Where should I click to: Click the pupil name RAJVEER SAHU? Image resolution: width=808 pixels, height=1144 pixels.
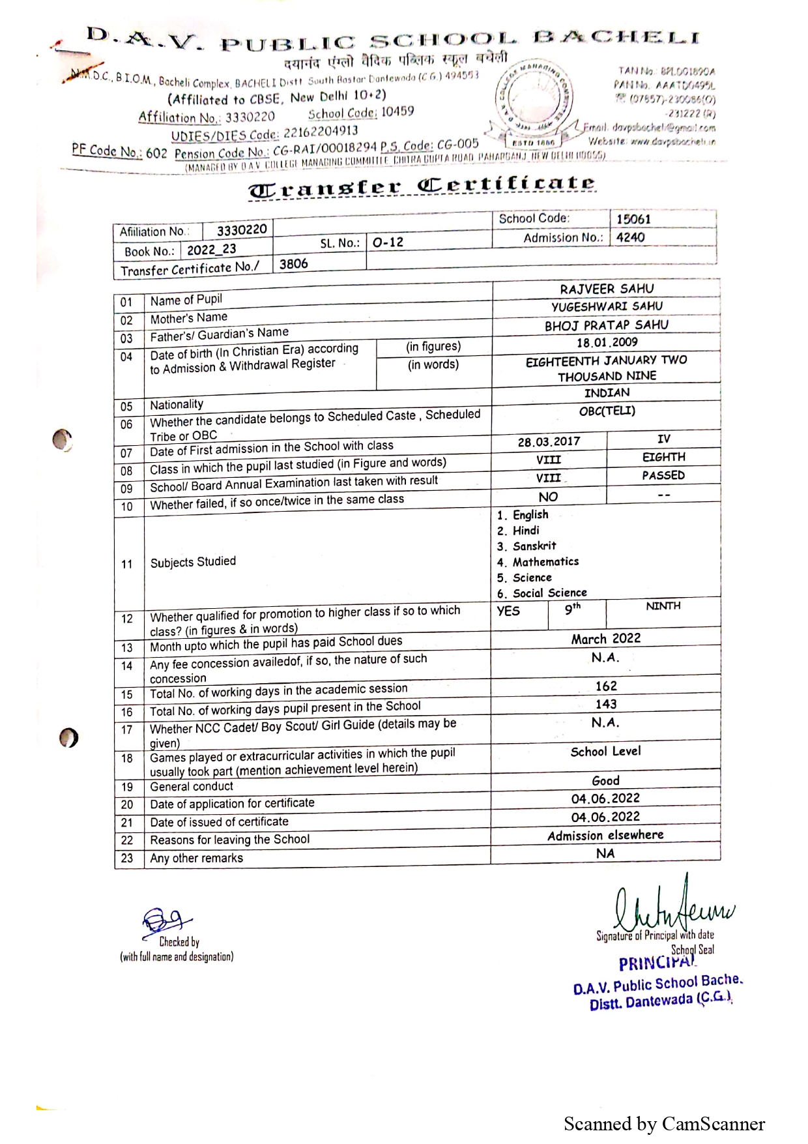tap(607, 289)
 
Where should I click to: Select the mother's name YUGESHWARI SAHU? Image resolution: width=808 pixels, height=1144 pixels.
tap(607, 306)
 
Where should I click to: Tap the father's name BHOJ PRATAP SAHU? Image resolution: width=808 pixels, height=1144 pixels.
tap(607, 325)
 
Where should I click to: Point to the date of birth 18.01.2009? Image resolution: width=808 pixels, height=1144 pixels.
tap(607, 342)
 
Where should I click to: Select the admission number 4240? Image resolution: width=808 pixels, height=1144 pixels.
tap(630, 237)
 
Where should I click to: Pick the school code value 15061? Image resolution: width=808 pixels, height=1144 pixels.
tap(633, 219)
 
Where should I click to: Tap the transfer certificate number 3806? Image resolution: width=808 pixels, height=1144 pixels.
tap(293, 264)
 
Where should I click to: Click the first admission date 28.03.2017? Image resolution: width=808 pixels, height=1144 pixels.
tap(549, 441)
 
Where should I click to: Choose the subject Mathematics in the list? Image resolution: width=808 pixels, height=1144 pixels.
tap(545, 561)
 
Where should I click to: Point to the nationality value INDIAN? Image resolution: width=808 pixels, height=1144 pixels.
tap(607, 392)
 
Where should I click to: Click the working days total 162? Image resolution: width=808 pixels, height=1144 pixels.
tap(606, 686)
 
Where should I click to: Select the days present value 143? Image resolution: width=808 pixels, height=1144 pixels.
tap(606, 704)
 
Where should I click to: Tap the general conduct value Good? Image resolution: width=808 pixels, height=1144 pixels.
tap(605, 780)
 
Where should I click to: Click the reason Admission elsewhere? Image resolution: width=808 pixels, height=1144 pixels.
tap(605, 835)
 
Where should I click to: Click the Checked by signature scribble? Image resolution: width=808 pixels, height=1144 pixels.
tap(165, 921)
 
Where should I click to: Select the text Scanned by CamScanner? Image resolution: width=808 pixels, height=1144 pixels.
tap(664, 1124)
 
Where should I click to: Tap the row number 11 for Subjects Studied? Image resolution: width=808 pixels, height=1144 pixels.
tap(127, 564)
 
